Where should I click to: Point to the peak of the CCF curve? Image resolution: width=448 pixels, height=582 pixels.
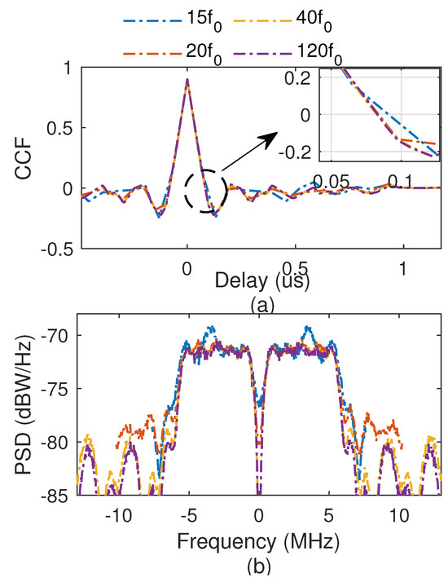tap(187, 80)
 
